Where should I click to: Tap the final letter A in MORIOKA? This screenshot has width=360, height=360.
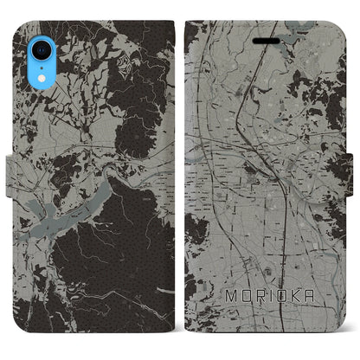pyautogui.click(x=304, y=296)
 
